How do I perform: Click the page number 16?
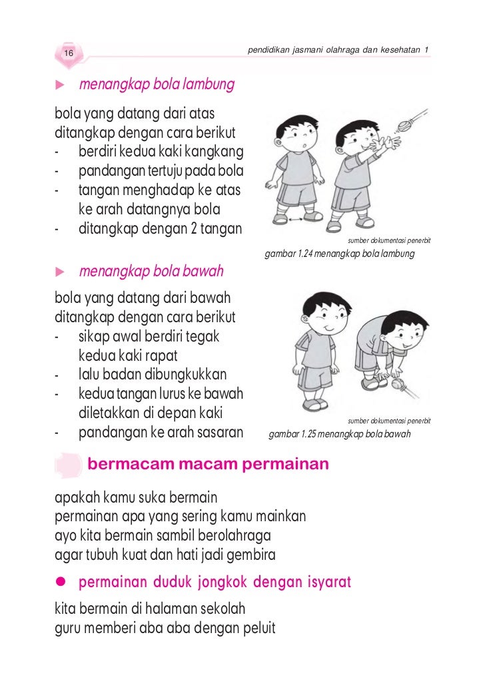69,53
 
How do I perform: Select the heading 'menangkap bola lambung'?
157,85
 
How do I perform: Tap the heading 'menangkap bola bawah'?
151,272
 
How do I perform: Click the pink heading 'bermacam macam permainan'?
209,463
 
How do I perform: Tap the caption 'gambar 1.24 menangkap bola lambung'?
340,254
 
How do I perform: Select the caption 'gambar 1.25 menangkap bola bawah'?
339,435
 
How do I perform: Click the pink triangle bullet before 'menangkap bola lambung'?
59,86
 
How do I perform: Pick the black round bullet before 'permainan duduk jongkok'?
60,583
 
